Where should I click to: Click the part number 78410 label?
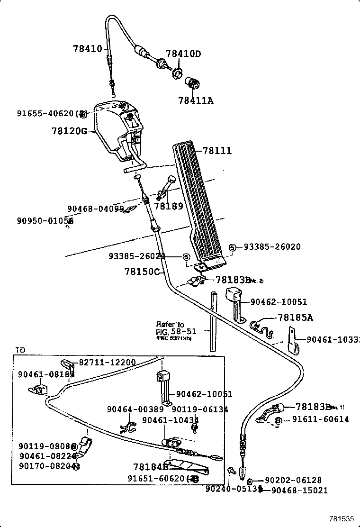pyautogui.click(x=87, y=48)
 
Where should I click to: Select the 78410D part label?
pyautogui.click(x=183, y=54)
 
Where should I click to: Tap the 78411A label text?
pyautogui.click(x=196, y=100)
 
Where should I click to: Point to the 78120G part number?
pyautogui.click(x=70, y=131)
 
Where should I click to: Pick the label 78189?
pyautogui.click(x=168, y=206)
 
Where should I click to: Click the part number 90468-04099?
pyautogui.click(x=95, y=209)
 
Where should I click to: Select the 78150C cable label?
pyautogui.click(x=142, y=272)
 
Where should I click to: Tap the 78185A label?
pyautogui.click(x=295, y=318)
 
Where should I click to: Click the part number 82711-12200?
pyautogui.click(x=107, y=363)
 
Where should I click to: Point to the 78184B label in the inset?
pyautogui.click(x=151, y=467)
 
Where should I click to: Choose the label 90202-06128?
pyautogui.click(x=293, y=480)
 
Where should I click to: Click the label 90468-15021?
pyautogui.click(x=299, y=491)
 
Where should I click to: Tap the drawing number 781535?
pyautogui.click(x=342, y=519)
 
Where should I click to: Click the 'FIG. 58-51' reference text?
pyautogui.click(x=176, y=331)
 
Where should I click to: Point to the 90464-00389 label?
pyautogui.click(x=135, y=409)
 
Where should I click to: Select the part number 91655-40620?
pyautogui.click(x=45, y=113)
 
